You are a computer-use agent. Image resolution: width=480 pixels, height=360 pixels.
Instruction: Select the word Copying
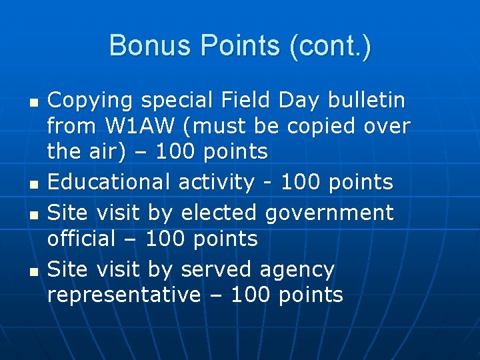pos(91,101)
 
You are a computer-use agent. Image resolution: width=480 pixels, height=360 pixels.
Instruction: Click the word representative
pos(123,295)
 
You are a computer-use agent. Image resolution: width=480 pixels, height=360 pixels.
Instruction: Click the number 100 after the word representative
pos(250,295)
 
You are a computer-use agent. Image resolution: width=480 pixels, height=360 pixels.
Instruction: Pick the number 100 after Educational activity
pos(301,182)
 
